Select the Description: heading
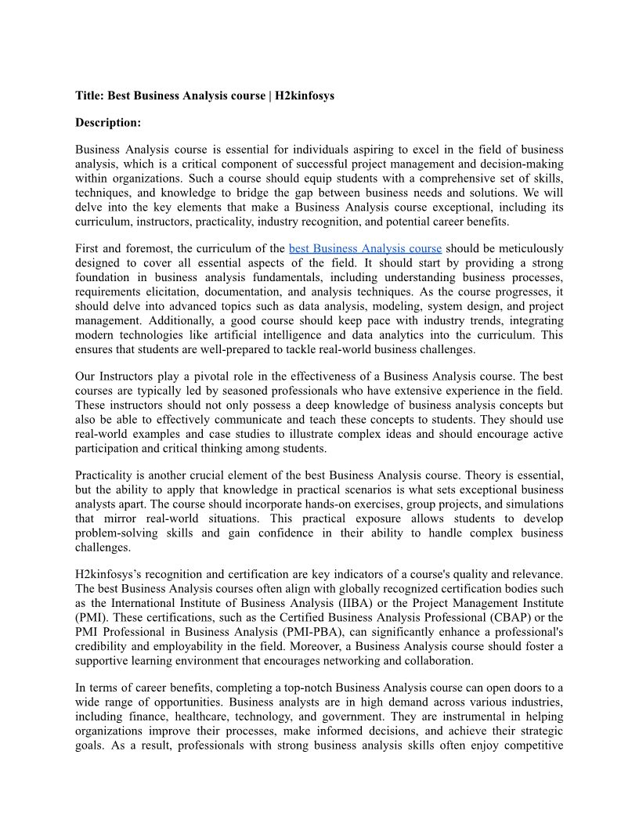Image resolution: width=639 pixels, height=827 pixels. click(x=108, y=123)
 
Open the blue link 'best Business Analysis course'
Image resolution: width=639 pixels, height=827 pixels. click(x=365, y=249)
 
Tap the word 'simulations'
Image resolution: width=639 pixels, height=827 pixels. click(x=532, y=504)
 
